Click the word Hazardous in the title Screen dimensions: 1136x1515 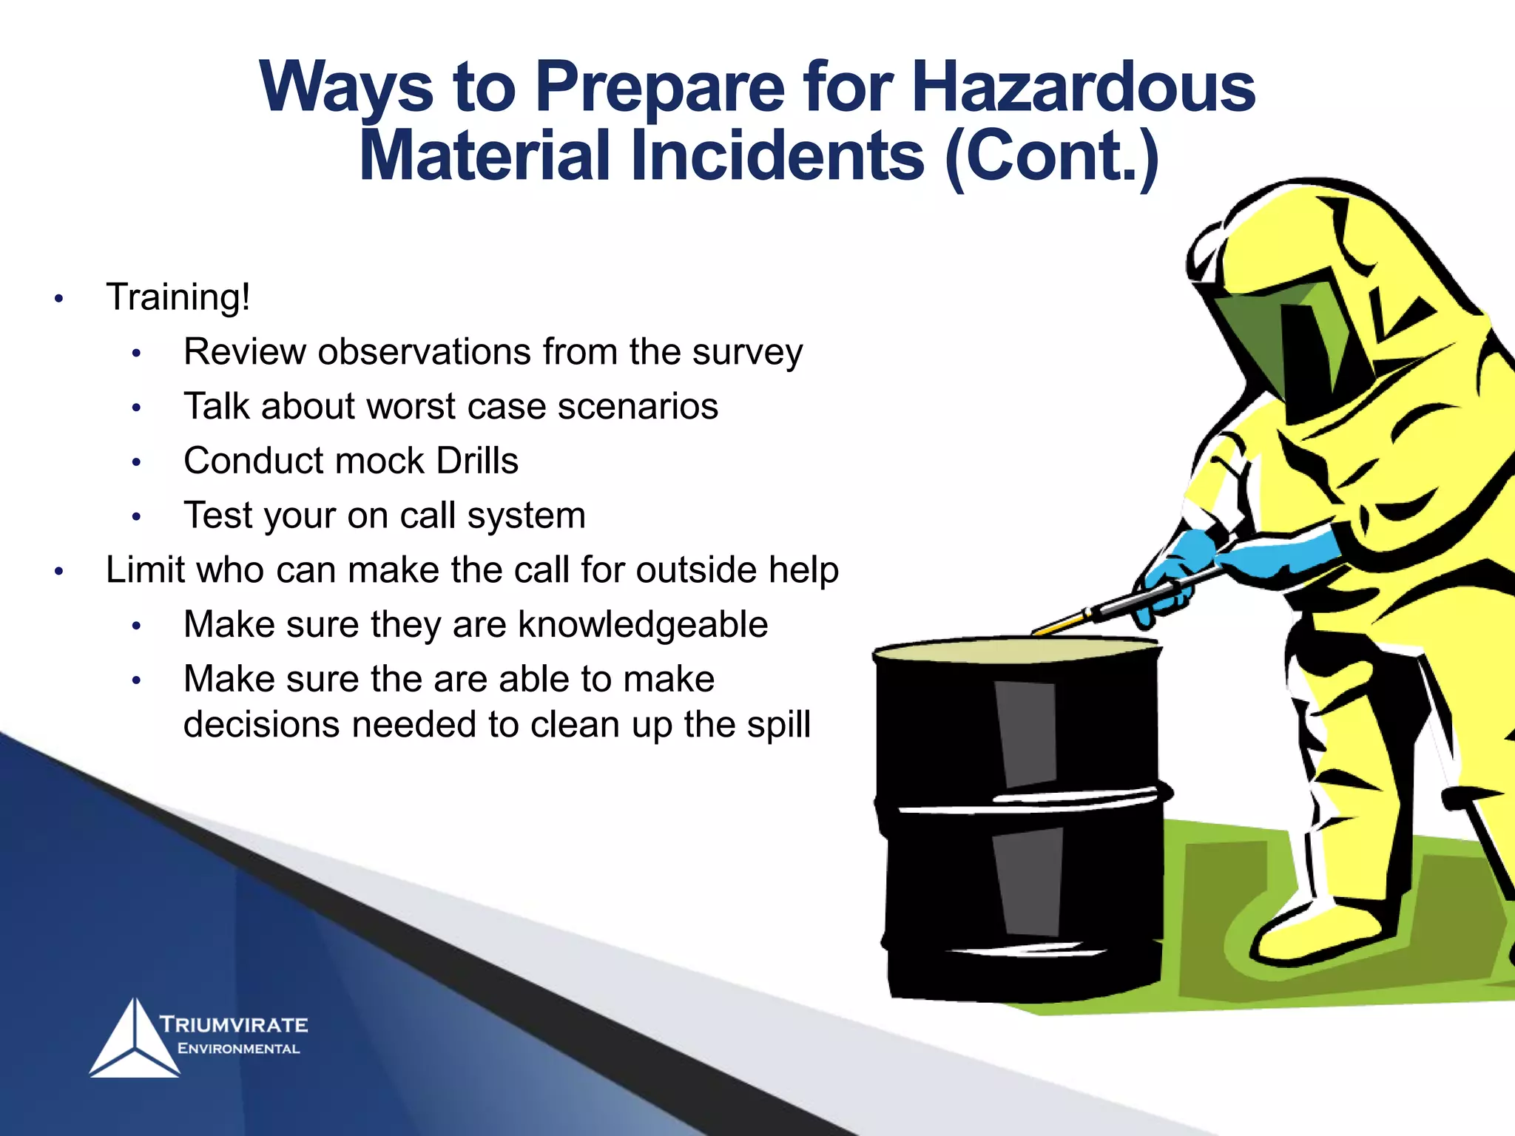(x=1083, y=87)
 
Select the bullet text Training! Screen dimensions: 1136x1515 (x=178, y=297)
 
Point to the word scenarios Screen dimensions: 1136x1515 (x=638, y=407)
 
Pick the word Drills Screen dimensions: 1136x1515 (x=477, y=461)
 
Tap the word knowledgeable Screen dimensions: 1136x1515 (x=643, y=625)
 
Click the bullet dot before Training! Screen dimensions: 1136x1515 (x=59, y=299)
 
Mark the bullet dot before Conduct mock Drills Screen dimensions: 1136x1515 (x=136, y=463)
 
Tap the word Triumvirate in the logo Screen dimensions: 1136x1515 (x=234, y=1025)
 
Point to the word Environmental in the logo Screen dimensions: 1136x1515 (x=238, y=1049)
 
